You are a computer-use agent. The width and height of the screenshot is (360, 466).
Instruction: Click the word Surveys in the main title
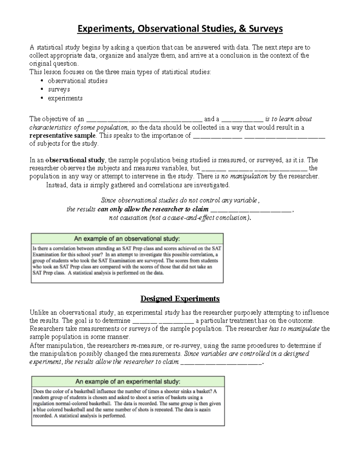tap(266, 29)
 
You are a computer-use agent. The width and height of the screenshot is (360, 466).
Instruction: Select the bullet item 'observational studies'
tap(77, 81)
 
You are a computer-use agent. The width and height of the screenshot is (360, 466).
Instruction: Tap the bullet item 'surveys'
tap(59, 89)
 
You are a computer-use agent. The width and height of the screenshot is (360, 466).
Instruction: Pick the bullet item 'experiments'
tap(65, 98)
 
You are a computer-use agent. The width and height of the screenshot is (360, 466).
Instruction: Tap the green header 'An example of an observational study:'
tap(127, 239)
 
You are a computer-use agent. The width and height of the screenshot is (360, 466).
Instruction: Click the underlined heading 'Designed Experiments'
tap(180, 299)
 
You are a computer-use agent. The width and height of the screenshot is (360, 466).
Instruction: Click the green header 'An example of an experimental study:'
tap(128, 382)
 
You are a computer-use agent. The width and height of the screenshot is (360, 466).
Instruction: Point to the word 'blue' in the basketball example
tap(41, 410)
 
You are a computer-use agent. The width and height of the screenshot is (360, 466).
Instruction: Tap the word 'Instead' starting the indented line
tap(56, 185)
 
